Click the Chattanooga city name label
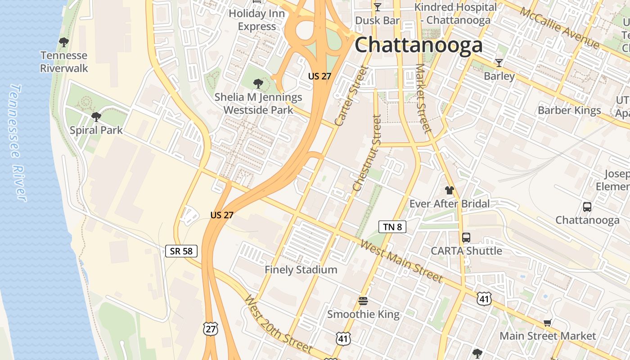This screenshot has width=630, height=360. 418,45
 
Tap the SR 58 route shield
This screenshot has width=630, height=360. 181,251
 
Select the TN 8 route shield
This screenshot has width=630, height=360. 392,227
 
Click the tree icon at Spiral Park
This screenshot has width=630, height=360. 96,117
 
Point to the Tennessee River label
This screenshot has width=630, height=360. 18,142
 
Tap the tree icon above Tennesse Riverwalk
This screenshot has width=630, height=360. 64,42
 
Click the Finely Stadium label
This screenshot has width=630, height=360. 301,270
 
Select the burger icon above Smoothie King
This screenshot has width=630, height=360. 363,301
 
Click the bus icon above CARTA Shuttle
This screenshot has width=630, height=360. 466,237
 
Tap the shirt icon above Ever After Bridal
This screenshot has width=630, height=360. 449,190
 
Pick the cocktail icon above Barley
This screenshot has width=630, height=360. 499,63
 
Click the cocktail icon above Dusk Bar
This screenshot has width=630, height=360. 377,7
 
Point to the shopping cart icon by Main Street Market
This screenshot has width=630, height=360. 548,322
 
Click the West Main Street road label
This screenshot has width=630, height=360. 402,261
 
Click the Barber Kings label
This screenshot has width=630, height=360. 569,110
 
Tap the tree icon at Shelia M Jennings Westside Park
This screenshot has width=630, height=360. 258,83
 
